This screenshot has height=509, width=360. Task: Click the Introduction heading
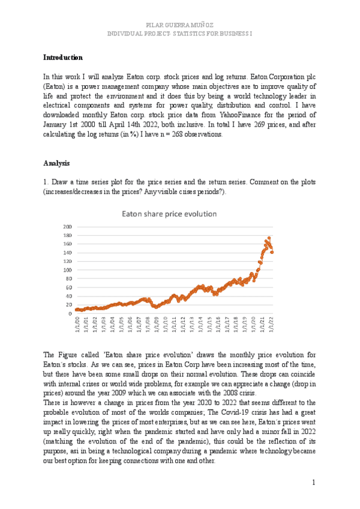pos(63,58)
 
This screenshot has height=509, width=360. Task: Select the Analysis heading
pos(56,163)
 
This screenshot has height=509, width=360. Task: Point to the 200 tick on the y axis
pos(67,226)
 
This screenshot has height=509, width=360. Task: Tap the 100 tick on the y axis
pos(67,270)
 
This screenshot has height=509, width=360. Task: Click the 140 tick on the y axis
pos(67,253)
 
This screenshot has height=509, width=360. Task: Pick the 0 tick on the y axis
pos(70,313)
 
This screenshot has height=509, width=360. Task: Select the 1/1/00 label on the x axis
pos(77,324)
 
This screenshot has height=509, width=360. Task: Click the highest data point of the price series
pos(268,238)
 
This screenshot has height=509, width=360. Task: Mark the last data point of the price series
pos(272,252)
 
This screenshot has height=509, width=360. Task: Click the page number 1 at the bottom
pos(313,482)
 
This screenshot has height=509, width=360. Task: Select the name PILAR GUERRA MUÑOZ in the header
pos(179,24)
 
